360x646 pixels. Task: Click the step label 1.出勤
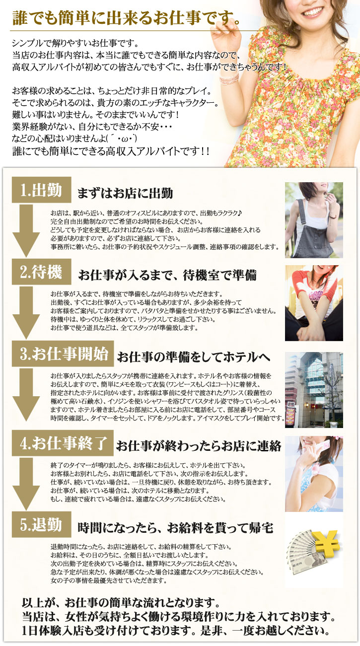(x=41, y=190)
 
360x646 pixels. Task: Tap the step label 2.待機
(x=41, y=272)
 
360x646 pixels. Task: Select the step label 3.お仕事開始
(x=63, y=354)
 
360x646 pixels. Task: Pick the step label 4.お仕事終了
(x=63, y=443)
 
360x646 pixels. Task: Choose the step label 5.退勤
(x=41, y=524)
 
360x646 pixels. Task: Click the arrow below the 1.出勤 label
(x=26, y=231)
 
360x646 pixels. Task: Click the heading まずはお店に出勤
(x=125, y=193)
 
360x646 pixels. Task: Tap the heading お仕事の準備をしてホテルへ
(x=194, y=357)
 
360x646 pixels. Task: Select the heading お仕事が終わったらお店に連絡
(x=199, y=446)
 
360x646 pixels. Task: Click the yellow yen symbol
(x=327, y=544)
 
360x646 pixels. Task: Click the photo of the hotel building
(x=314, y=390)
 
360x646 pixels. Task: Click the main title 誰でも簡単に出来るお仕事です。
(x=126, y=17)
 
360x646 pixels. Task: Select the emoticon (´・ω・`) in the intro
(x=121, y=139)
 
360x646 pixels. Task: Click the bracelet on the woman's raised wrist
(x=229, y=77)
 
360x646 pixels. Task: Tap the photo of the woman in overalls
(x=314, y=220)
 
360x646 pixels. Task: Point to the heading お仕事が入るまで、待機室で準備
(x=167, y=275)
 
